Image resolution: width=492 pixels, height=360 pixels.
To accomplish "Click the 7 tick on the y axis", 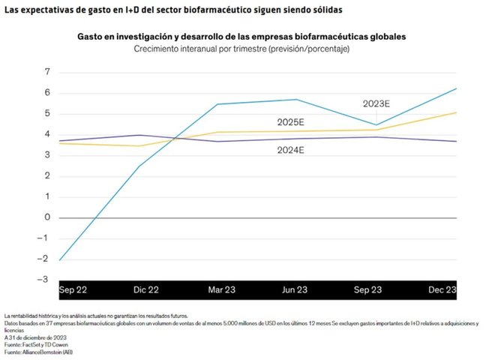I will tap(47, 72).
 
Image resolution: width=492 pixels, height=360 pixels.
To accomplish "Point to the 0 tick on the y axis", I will tap(47, 217).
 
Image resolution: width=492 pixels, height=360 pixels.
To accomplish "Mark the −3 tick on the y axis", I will tap(45, 280).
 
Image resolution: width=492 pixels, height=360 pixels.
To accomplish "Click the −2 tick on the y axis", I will tap(45, 259).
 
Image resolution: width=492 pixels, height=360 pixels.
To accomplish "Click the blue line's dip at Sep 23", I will tap(376, 124).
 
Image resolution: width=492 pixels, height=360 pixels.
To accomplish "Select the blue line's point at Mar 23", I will tap(217, 104).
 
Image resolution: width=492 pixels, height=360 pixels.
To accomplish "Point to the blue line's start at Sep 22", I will tap(59, 259).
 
